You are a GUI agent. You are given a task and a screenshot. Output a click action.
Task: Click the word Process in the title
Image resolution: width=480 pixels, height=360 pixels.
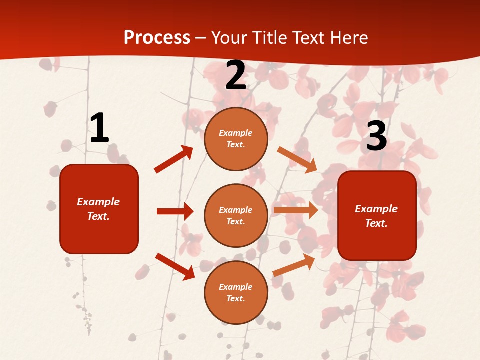point(157,37)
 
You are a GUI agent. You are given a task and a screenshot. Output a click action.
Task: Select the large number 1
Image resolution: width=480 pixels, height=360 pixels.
point(99,128)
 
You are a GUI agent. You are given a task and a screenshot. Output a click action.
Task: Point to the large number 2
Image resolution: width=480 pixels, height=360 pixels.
point(236,76)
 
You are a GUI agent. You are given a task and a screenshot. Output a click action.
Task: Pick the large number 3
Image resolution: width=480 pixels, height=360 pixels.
point(376,136)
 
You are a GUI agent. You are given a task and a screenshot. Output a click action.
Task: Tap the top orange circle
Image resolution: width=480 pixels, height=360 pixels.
point(236,139)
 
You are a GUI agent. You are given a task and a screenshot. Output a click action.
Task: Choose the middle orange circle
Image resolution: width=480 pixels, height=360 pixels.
point(236,215)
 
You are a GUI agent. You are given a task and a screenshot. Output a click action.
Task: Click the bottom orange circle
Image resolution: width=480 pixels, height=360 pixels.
point(236,292)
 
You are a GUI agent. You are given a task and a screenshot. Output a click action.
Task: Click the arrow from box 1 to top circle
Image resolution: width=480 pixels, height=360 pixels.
point(174,159)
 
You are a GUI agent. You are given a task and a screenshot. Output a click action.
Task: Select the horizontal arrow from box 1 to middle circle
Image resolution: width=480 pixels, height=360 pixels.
point(175,211)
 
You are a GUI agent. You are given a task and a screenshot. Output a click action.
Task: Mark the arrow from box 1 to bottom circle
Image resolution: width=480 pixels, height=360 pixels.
point(175,266)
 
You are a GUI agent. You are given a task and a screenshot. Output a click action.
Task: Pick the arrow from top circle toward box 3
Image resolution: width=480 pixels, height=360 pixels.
point(297,160)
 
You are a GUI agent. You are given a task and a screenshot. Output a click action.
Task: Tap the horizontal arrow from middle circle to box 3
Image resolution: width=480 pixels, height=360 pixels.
point(295,210)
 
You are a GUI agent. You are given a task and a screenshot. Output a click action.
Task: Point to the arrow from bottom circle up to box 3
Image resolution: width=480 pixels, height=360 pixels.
point(294,265)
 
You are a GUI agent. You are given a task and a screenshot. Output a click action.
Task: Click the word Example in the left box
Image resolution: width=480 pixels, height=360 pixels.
point(98,202)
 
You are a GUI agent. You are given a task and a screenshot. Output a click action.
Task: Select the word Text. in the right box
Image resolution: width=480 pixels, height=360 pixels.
point(376,223)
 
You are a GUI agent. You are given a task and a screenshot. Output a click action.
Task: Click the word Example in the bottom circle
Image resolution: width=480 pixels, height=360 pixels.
point(236,287)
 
